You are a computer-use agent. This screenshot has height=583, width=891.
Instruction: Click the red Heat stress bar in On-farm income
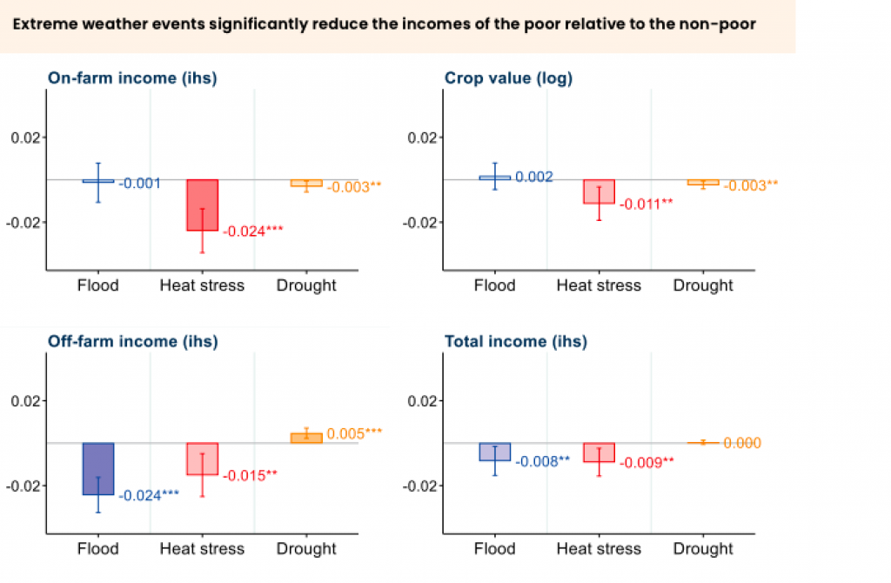coord(202,204)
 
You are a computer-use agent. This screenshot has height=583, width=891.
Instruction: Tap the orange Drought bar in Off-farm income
coord(306,438)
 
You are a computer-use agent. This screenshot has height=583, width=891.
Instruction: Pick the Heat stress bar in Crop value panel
coord(599,191)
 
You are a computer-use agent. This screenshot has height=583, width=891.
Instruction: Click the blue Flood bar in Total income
coord(495,452)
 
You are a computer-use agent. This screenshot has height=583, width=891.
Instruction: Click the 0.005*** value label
coord(355,432)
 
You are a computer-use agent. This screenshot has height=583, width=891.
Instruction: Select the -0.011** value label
coord(646,204)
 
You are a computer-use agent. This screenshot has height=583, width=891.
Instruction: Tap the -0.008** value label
coord(542,461)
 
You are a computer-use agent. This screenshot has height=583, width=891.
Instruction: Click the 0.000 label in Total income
coord(742,443)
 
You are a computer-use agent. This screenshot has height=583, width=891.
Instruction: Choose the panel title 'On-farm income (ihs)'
coord(131,78)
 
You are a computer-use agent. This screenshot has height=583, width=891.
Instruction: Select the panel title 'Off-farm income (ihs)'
coord(132,341)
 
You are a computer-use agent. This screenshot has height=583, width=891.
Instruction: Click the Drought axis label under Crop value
coord(703,285)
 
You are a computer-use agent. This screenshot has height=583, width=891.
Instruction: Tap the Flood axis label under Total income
coord(495,549)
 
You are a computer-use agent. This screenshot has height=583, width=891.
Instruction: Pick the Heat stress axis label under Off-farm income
coord(202,549)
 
